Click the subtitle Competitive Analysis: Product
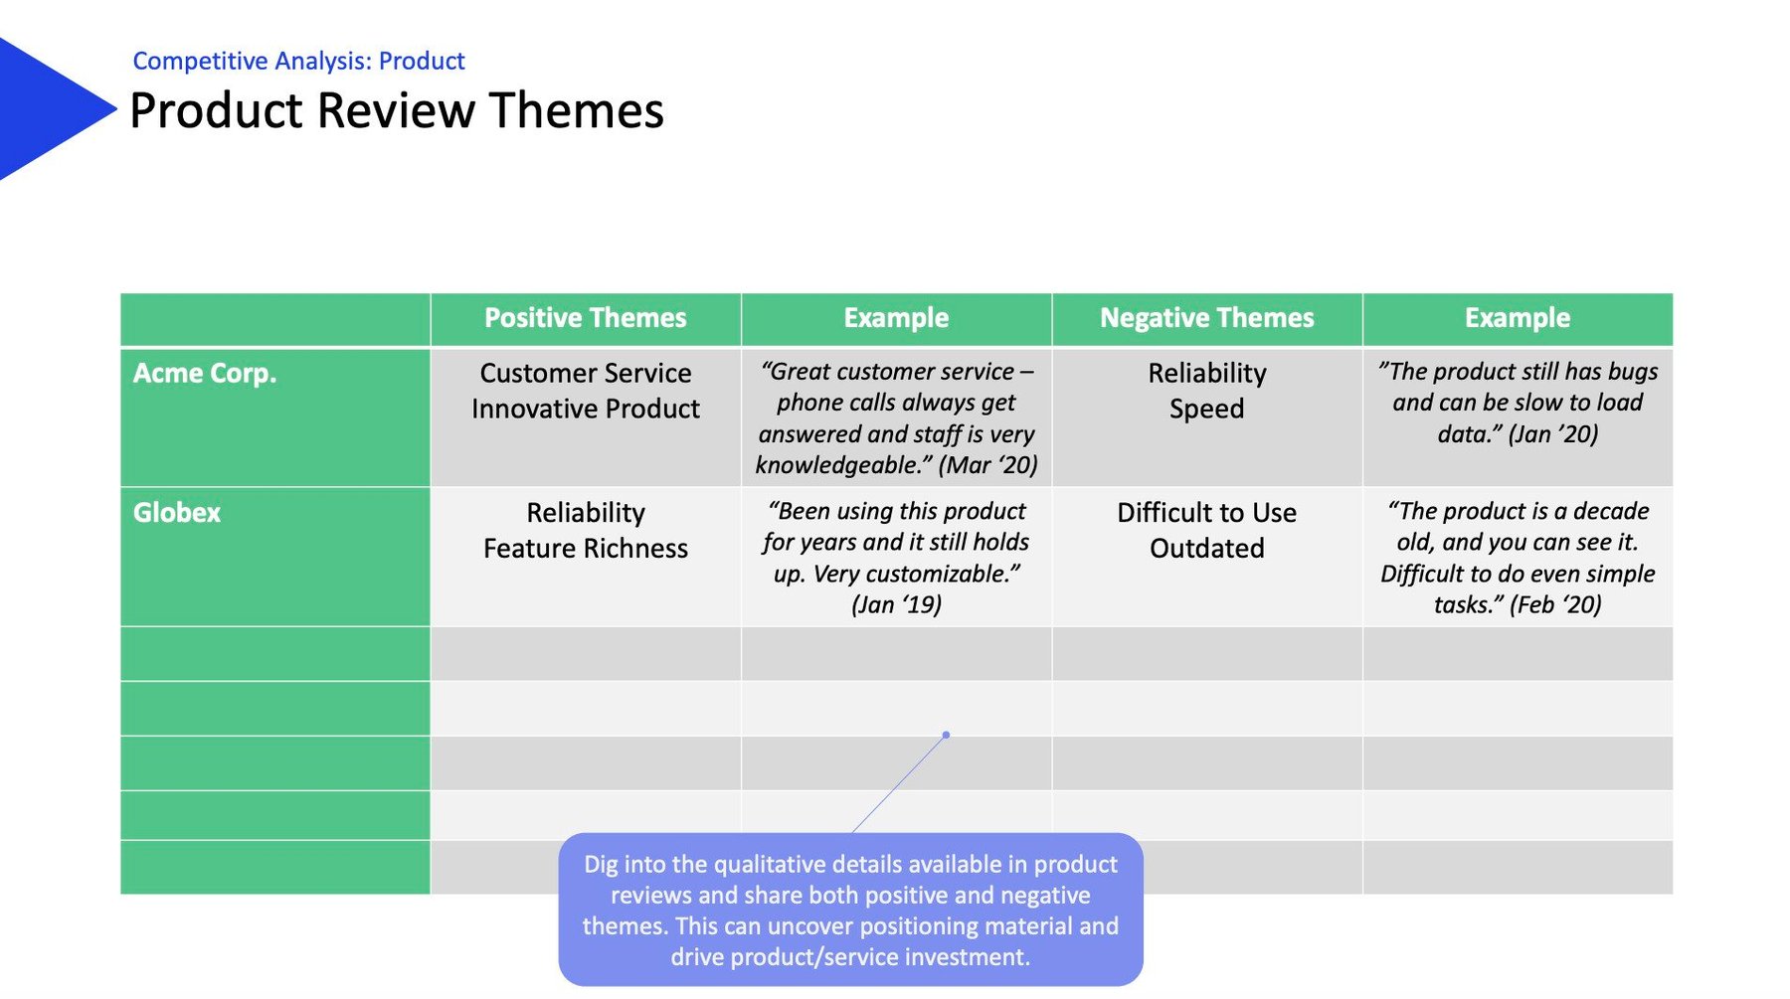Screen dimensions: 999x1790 coord(298,62)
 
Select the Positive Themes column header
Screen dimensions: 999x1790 coord(585,318)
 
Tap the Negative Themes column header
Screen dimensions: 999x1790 coord(1206,318)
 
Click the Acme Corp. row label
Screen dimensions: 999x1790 coord(205,374)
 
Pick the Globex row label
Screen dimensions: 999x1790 coord(177,513)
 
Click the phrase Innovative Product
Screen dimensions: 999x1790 coord(585,410)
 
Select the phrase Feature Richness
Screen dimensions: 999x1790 coord(585,549)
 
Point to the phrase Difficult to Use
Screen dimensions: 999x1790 coord(1206,513)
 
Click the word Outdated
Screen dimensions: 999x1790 coord(1206,549)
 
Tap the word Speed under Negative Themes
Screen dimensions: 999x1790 coord(1206,410)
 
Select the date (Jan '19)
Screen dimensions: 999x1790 coord(896,605)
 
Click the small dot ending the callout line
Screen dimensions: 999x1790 coord(946,735)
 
